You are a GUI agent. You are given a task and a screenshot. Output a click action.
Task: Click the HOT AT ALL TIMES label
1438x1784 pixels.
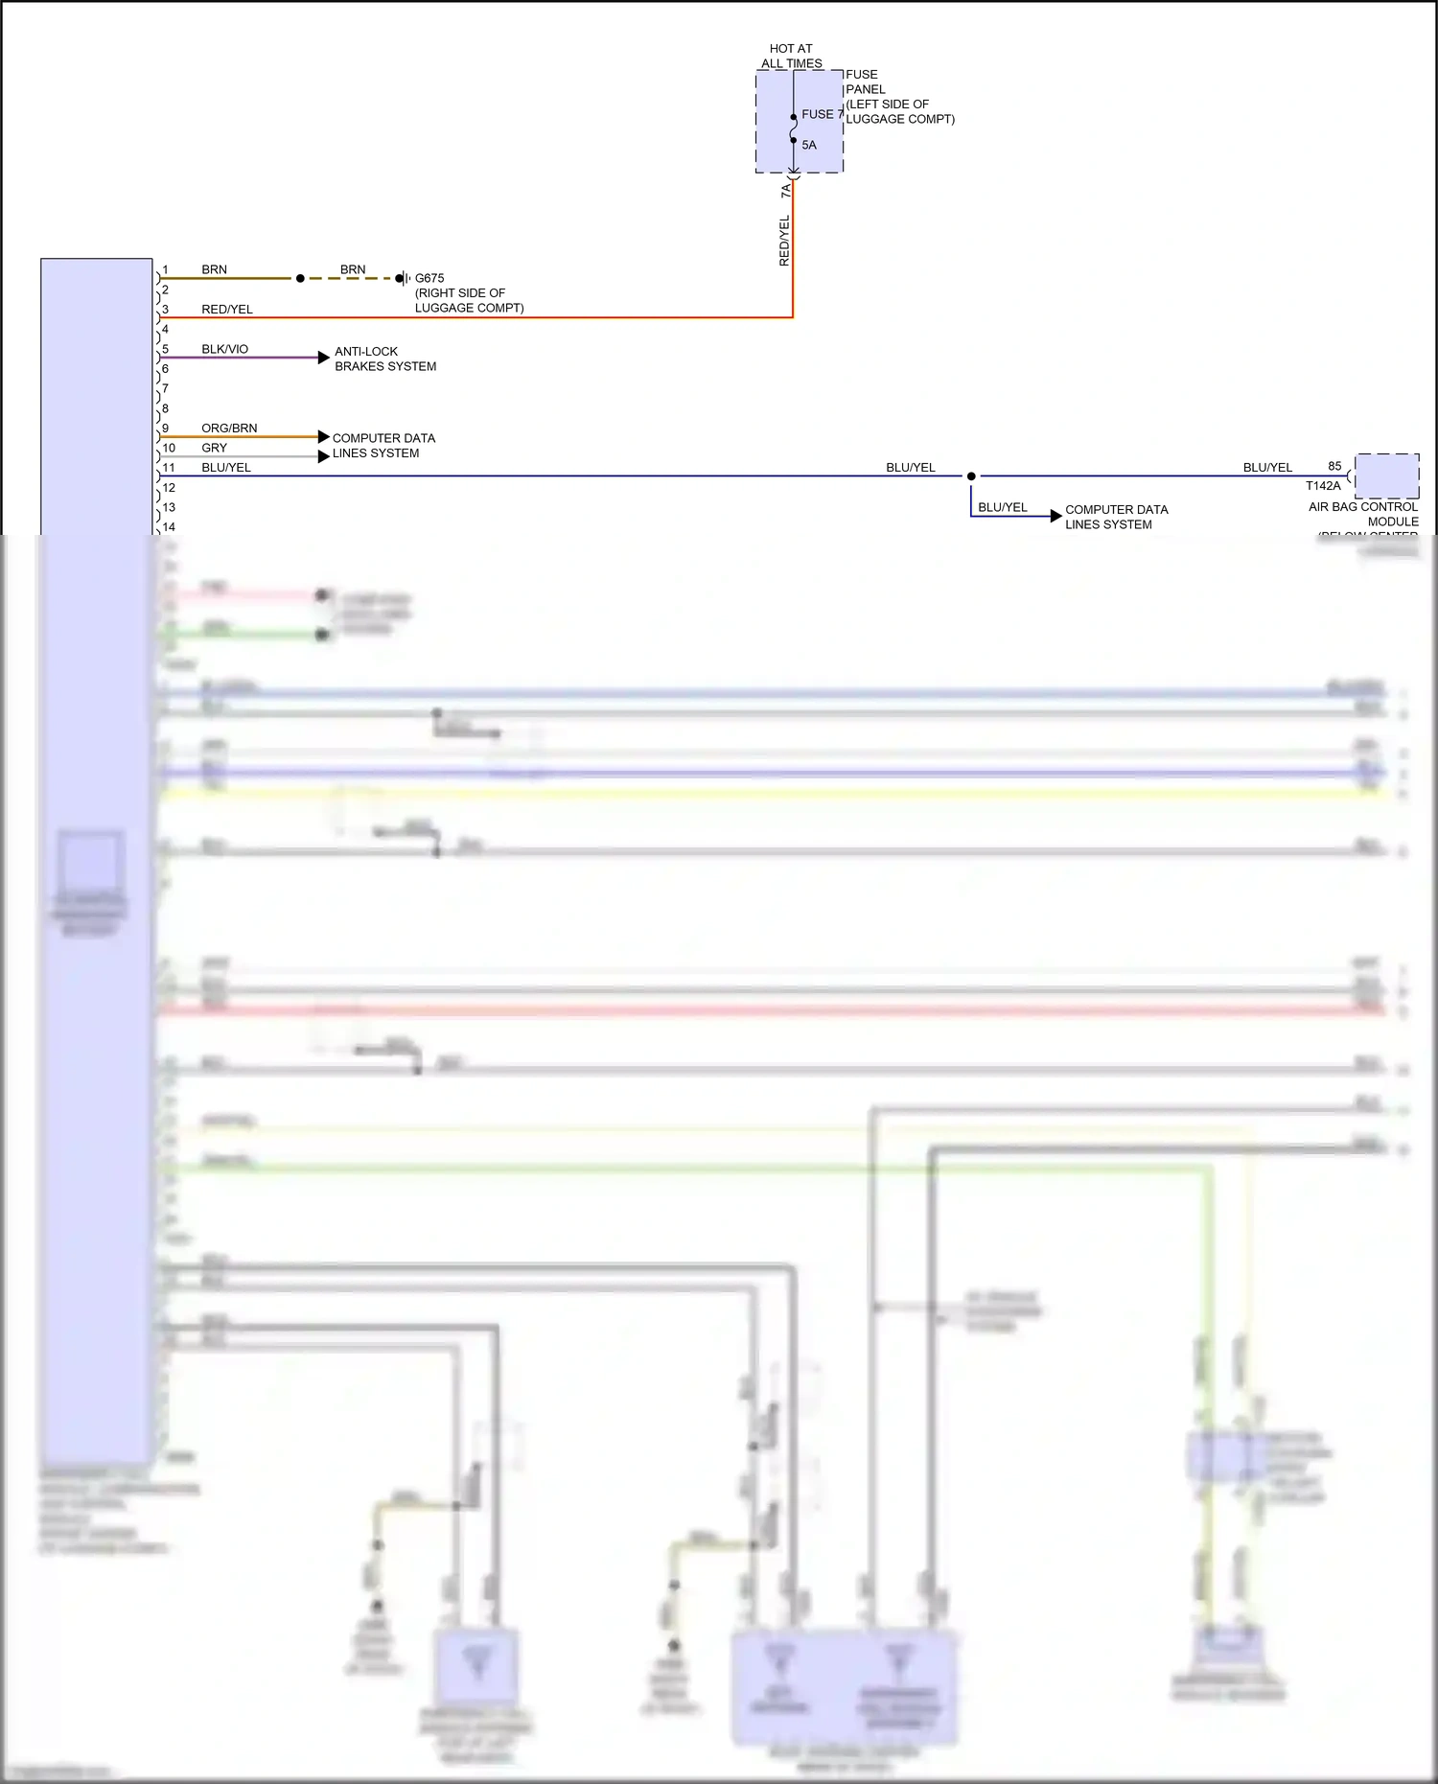(x=791, y=56)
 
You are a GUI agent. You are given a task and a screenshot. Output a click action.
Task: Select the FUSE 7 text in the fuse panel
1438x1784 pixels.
(x=822, y=114)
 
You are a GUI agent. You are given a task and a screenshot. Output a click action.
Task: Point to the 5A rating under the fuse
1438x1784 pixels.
(x=809, y=146)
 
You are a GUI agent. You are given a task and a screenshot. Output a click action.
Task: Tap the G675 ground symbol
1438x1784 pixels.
(x=404, y=278)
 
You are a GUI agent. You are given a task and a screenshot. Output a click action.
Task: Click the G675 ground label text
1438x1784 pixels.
(x=429, y=278)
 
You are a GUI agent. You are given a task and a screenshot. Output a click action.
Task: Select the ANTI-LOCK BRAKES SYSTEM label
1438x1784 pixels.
(x=384, y=359)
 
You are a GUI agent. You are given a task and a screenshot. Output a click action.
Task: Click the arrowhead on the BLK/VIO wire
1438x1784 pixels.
(x=324, y=358)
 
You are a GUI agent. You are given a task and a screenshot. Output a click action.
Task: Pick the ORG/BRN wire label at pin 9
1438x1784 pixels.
(x=229, y=429)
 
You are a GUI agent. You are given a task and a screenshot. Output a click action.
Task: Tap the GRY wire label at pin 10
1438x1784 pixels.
(x=214, y=448)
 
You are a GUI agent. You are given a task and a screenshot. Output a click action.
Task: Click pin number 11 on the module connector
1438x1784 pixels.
(x=169, y=468)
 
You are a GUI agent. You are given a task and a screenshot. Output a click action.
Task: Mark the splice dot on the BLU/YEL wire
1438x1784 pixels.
(x=971, y=475)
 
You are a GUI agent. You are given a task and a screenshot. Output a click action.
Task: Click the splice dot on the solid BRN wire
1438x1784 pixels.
(x=300, y=278)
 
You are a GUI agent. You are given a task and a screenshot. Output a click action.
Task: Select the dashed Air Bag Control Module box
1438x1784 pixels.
(x=1386, y=475)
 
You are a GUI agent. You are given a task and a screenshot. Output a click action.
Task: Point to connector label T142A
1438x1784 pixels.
(x=1323, y=486)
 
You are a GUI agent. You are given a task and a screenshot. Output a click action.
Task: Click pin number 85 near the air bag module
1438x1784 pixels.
(x=1334, y=466)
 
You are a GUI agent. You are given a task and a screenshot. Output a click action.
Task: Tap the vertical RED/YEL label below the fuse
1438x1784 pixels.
(x=784, y=241)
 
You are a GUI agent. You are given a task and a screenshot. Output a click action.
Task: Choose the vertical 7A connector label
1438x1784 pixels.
(x=786, y=192)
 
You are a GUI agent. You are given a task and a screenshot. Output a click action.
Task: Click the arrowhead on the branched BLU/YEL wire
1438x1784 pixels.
(x=1056, y=516)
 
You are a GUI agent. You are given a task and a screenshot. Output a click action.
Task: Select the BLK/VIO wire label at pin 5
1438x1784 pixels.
(x=224, y=349)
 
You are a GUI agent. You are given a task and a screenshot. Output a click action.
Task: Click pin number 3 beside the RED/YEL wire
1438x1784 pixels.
(x=165, y=310)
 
